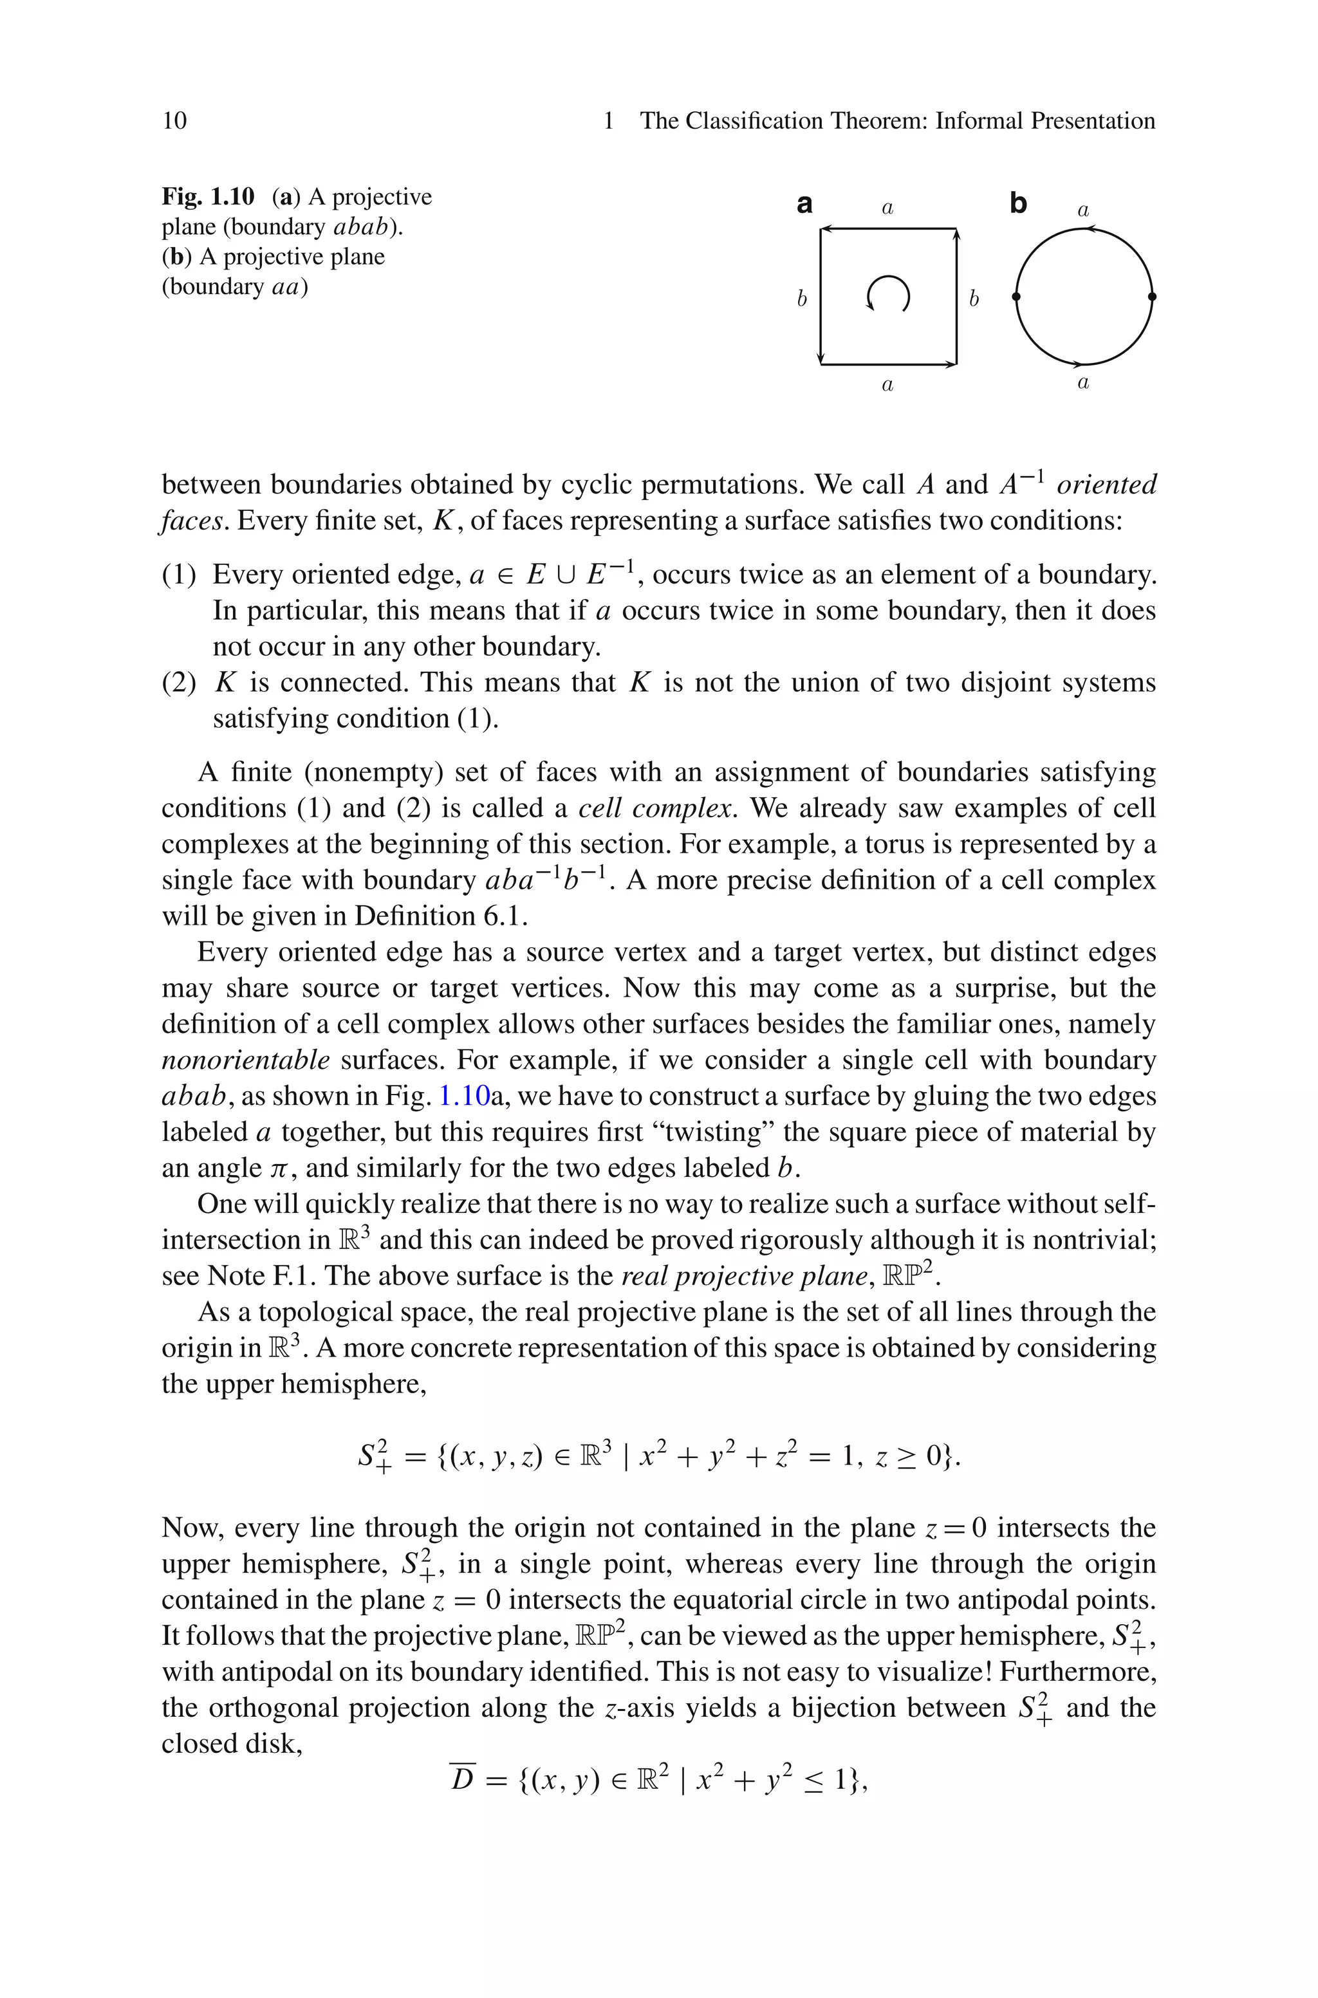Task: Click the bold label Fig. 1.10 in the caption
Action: point(208,197)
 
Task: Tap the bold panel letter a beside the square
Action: point(804,204)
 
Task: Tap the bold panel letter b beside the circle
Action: point(1018,204)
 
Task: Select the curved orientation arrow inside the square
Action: point(887,294)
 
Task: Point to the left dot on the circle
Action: point(1016,297)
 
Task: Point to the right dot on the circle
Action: point(1153,297)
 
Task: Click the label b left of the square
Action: point(802,299)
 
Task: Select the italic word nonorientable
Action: point(245,1060)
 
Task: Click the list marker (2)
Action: point(178,683)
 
